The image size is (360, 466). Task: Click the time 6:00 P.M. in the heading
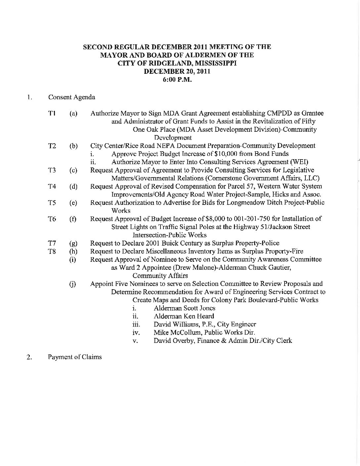(177, 79)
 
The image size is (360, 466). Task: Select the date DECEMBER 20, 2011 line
(177, 71)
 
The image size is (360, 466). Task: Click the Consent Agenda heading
(71, 97)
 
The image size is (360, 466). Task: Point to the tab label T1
(52, 114)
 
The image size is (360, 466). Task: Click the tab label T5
(52, 203)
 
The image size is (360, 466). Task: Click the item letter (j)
(72, 284)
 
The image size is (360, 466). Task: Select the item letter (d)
(73, 187)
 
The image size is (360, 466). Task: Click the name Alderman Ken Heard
(184, 316)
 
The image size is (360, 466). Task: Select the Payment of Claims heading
(75, 357)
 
